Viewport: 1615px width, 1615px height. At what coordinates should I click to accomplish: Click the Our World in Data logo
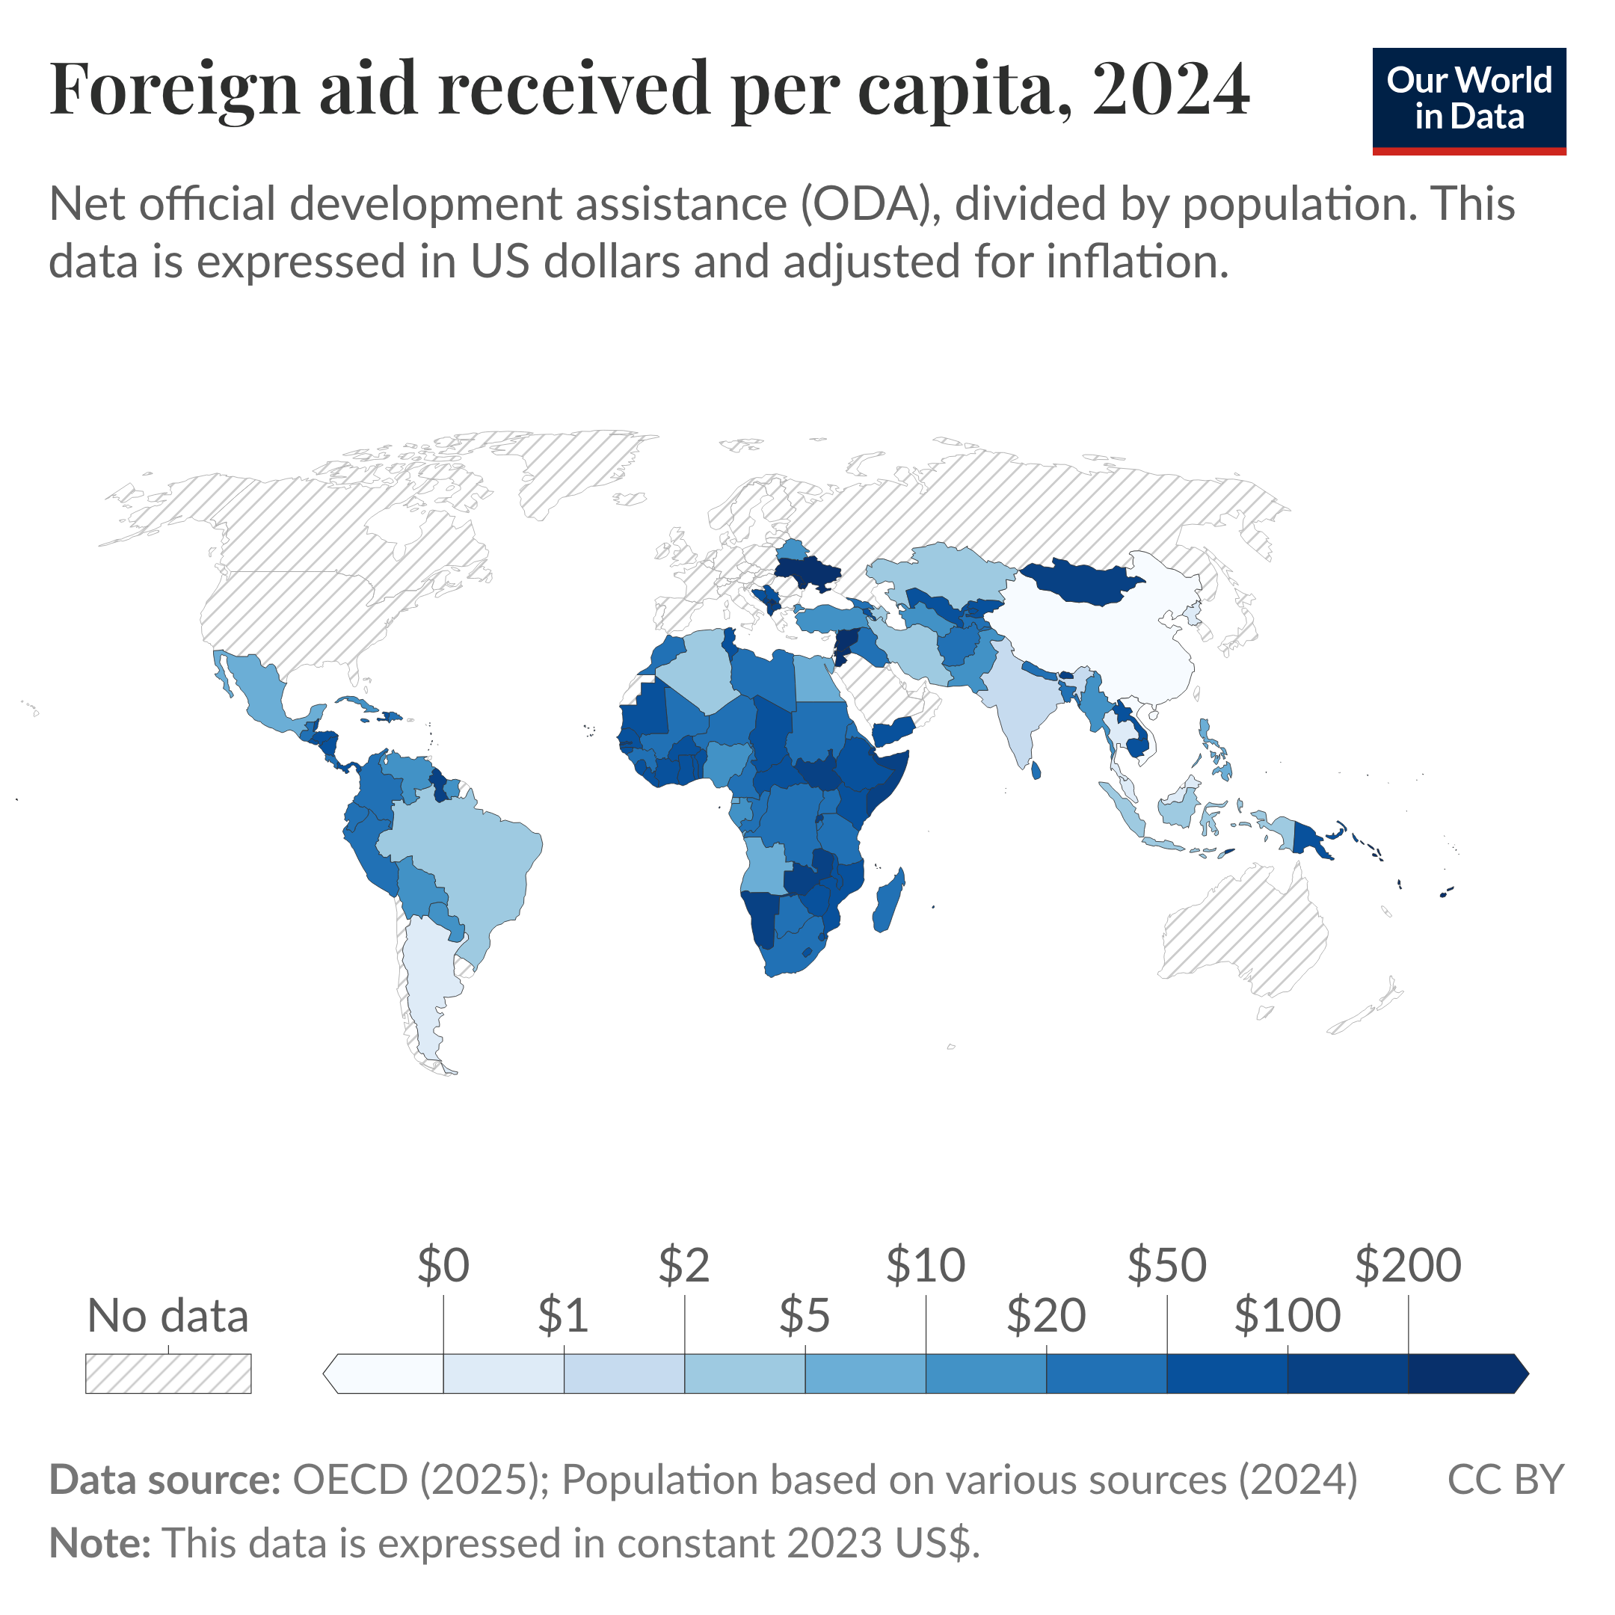click(x=1468, y=101)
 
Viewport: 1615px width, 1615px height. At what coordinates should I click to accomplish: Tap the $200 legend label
click(x=1408, y=1266)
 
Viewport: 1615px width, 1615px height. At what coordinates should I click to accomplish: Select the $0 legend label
click(x=443, y=1266)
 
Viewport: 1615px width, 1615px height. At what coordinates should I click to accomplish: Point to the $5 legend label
click(x=805, y=1316)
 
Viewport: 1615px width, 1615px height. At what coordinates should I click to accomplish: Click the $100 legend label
click(x=1288, y=1316)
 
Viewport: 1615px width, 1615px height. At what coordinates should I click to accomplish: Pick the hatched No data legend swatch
click(x=168, y=1374)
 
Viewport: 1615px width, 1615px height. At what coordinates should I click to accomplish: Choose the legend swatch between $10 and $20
click(x=985, y=1374)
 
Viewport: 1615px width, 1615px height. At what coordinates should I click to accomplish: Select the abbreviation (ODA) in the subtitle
click(x=866, y=204)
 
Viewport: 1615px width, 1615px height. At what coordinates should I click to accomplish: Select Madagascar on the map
click(x=888, y=901)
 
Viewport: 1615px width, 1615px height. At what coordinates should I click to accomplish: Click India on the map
click(x=1015, y=702)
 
